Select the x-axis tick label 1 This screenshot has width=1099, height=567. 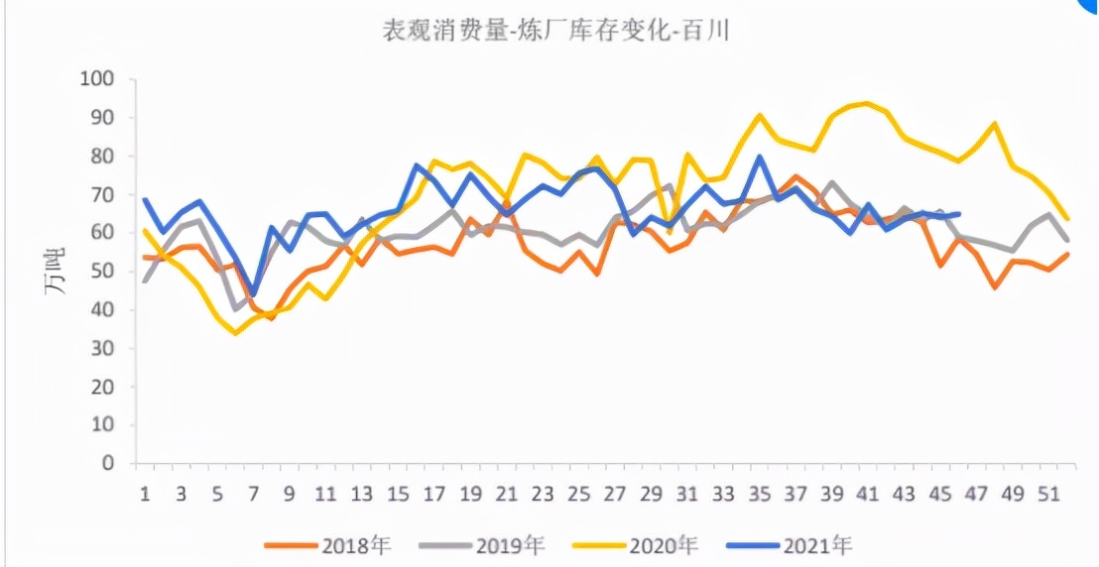[145, 493]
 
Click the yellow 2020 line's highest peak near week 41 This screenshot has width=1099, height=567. [868, 103]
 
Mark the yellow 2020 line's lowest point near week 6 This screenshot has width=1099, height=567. [235, 333]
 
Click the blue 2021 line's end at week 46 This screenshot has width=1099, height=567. [958, 214]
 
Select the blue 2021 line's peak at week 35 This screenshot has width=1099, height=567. [760, 157]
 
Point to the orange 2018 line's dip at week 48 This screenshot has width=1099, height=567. [994, 287]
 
